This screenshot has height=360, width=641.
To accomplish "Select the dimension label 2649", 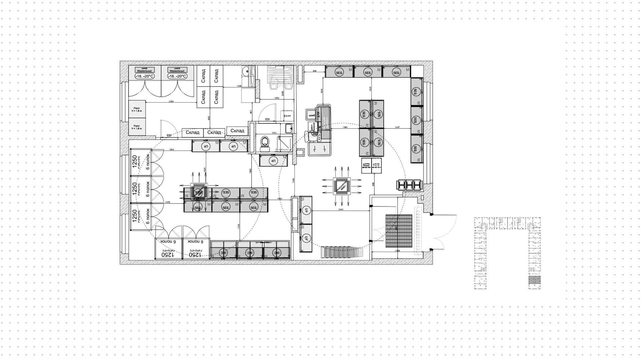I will (x=341, y=209).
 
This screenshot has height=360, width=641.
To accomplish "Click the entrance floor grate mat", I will (x=399, y=231).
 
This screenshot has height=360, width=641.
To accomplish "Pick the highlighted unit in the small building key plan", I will (x=534, y=280).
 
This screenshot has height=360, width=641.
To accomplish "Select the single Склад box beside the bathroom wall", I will (x=237, y=131).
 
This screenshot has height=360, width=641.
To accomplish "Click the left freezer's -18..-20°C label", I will (x=145, y=76).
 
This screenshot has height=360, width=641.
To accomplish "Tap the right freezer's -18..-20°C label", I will (x=177, y=76).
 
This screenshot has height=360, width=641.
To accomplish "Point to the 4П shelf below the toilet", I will (x=274, y=161).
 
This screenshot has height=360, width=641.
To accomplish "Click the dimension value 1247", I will (x=397, y=127).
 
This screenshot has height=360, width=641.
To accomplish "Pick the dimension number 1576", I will (x=277, y=98).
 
